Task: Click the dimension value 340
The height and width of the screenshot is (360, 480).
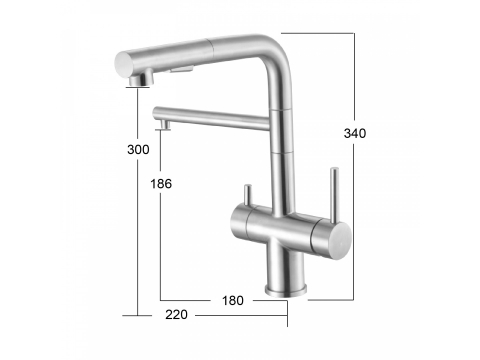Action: pos(355,133)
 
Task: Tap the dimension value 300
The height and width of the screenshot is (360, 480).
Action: pos(138,150)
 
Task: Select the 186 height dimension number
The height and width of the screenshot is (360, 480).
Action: pos(161,184)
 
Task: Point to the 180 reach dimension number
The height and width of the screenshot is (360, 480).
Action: pos(233,301)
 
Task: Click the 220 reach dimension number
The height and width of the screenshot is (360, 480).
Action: pos(176,315)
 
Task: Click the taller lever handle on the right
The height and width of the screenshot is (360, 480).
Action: pos(334,195)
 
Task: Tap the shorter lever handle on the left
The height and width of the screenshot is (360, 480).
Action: pos(247,196)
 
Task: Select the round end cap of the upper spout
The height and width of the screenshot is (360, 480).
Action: pos(122,64)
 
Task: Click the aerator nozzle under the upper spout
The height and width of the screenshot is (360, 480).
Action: pos(141,79)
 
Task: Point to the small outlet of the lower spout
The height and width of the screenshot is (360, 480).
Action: pos(164,125)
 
